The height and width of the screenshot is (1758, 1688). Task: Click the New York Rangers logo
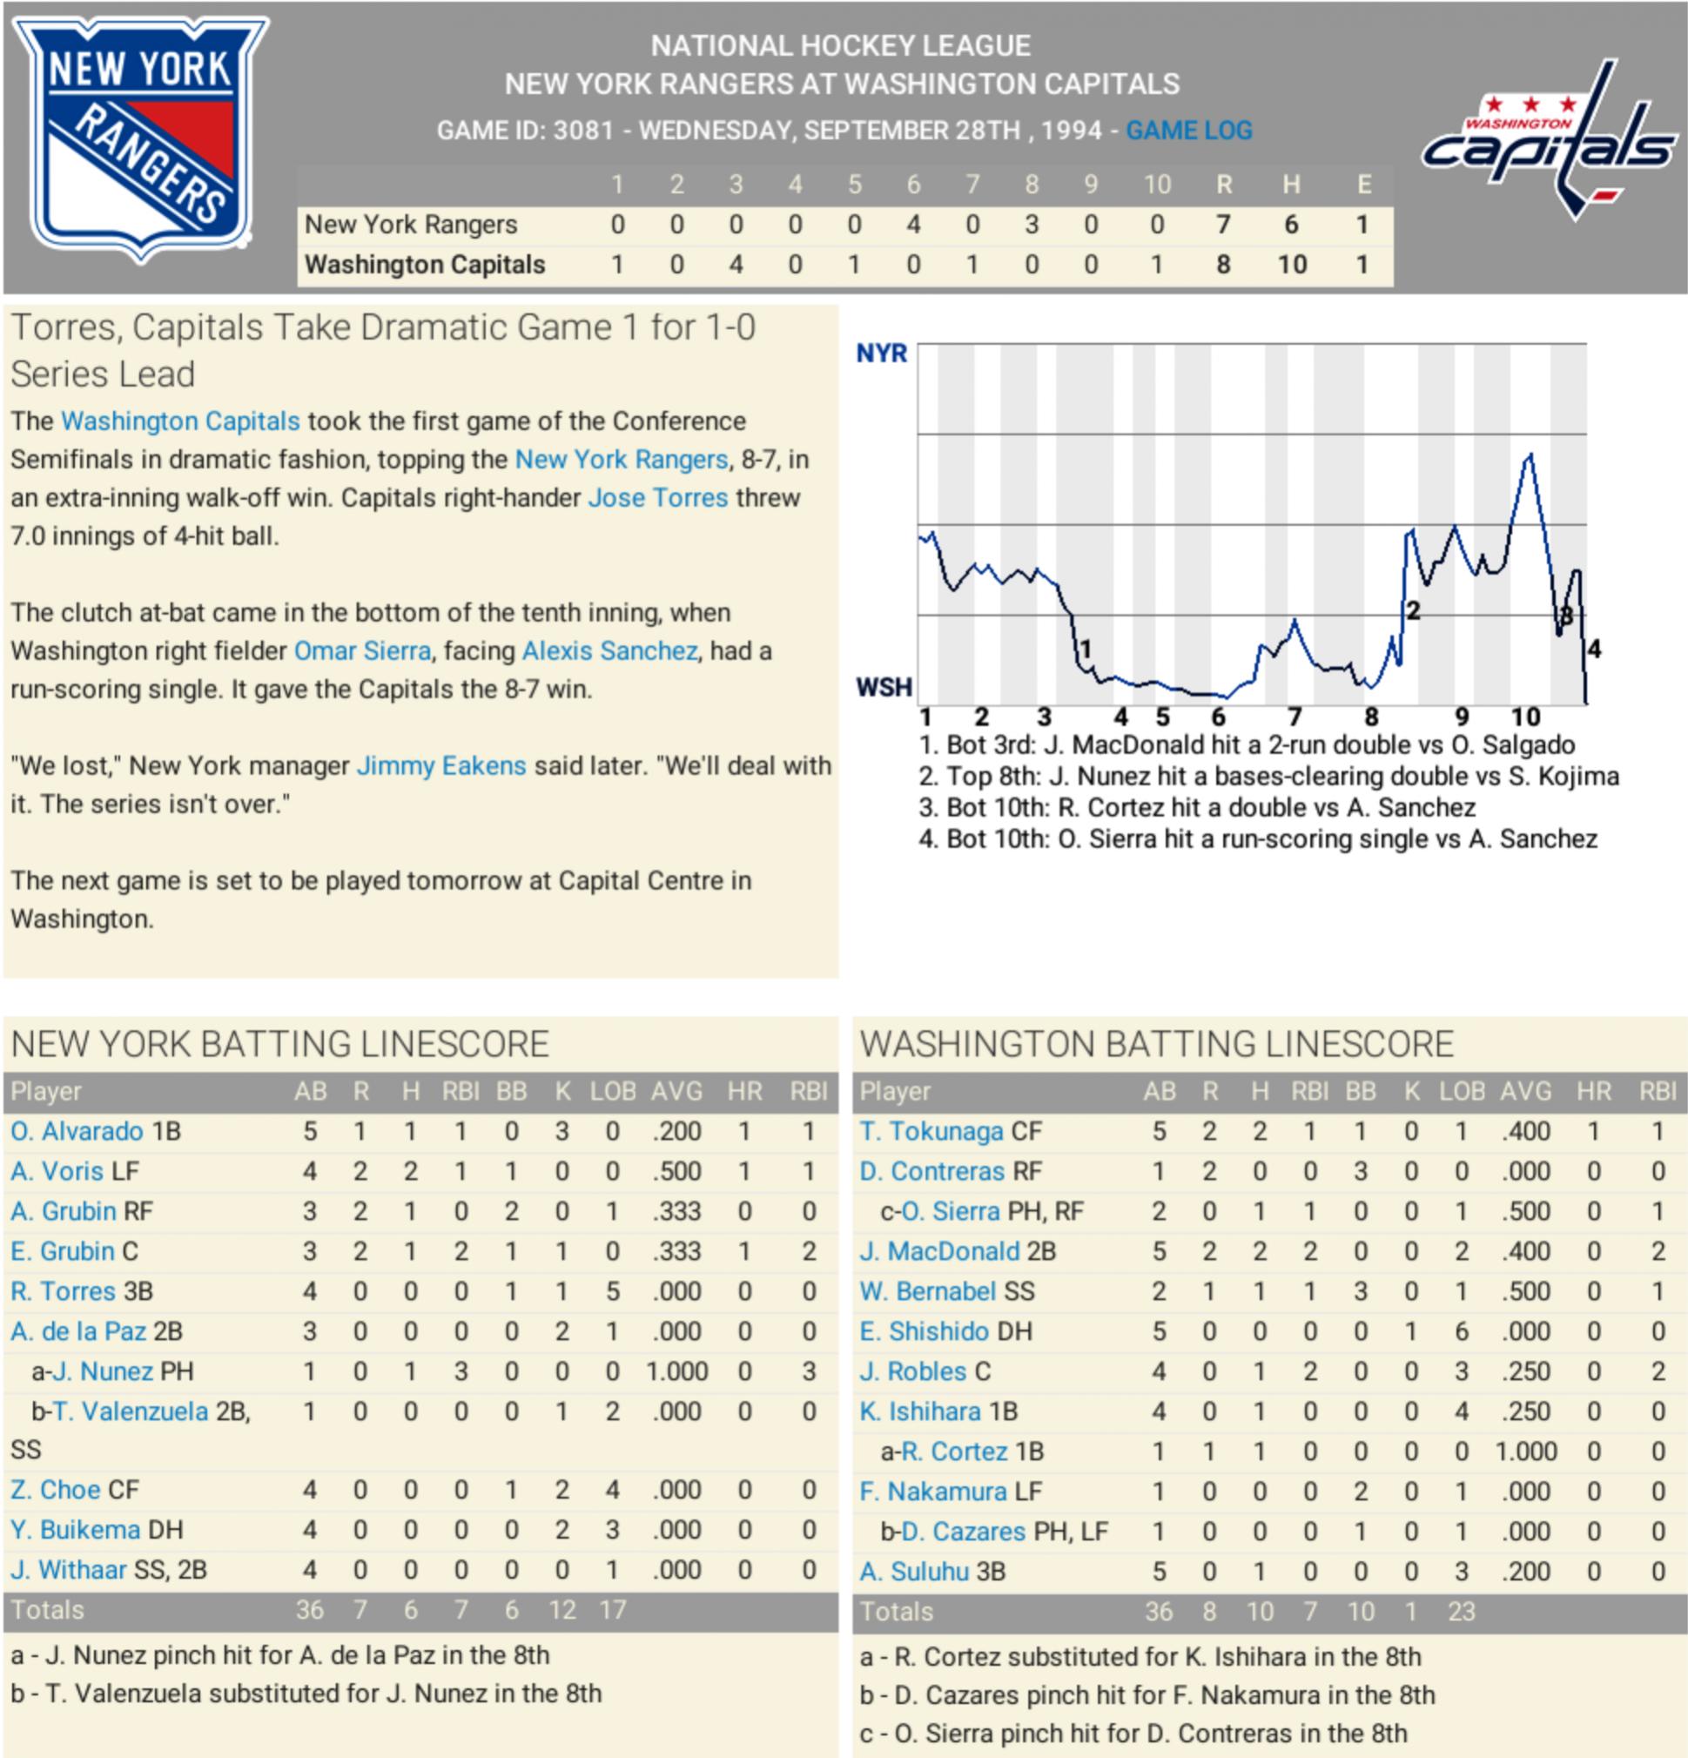coord(140,139)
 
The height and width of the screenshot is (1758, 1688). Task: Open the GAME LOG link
coord(1188,131)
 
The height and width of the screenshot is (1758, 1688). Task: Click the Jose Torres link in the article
coord(657,498)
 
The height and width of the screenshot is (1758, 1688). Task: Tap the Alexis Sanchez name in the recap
coord(609,650)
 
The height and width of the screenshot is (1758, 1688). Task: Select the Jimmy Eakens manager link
coord(441,765)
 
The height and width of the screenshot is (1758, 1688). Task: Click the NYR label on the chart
coord(882,353)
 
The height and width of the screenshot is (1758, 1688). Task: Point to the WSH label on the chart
coord(884,687)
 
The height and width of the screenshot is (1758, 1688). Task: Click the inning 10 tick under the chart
coord(1526,717)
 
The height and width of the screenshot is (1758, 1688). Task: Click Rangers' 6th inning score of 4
coord(913,225)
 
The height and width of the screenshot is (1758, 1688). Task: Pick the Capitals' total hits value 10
coord(1292,265)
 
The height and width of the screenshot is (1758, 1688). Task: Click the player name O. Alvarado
coord(77,1131)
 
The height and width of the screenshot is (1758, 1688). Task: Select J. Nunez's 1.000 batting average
coord(676,1371)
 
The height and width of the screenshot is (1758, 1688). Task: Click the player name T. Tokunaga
coord(931,1131)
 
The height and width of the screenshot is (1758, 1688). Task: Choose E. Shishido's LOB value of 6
coord(1461,1331)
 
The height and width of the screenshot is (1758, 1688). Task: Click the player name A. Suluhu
coord(914,1572)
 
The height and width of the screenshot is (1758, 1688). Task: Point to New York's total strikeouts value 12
coord(562,1610)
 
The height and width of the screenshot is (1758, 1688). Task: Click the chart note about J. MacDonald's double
coord(1247,744)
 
